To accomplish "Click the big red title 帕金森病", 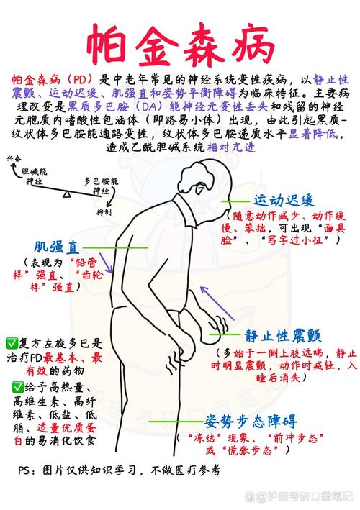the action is [180, 45].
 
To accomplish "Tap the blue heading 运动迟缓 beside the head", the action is [284, 201].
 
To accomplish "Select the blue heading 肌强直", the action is [57, 247].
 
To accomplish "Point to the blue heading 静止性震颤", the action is [283, 336].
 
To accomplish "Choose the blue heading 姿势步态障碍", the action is [251, 422].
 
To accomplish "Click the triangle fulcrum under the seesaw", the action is [67, 194].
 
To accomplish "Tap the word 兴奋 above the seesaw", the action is [14, 159].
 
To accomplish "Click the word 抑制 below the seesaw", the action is [104, 212].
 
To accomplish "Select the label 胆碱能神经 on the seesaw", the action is [34, 176].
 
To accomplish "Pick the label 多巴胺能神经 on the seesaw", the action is [102, 186].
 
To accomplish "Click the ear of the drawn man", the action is [199, 188].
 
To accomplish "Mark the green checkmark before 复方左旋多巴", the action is [12, 343].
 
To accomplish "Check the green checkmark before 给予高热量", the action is [18, 388].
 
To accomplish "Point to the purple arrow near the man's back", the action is [106, 263].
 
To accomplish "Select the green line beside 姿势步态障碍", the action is [176, 422].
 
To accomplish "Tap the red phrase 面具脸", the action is [283, 234].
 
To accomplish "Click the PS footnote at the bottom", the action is [119, 470].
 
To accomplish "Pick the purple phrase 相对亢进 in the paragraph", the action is [231, 147].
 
